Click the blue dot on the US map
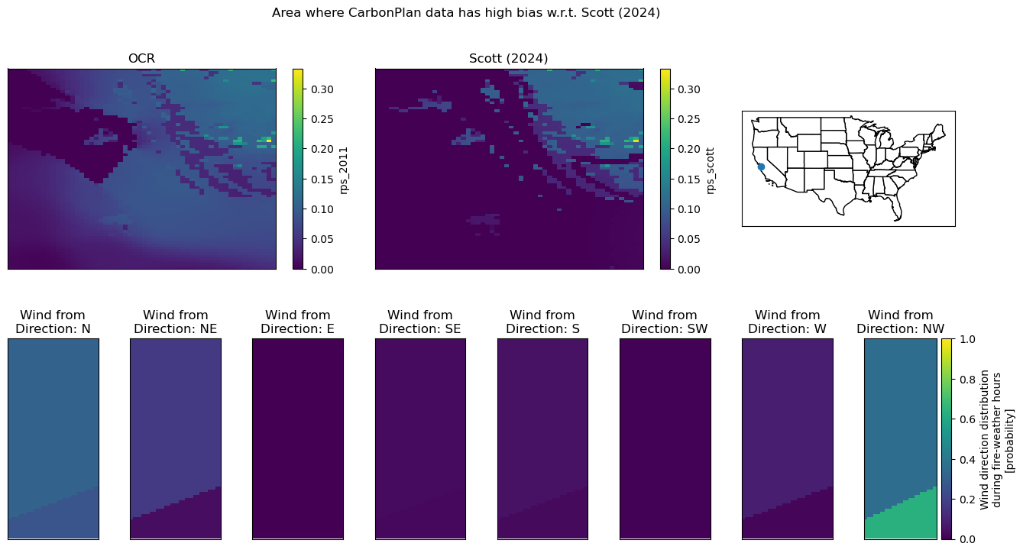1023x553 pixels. [761, 167]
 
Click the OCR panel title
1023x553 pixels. [141, 59]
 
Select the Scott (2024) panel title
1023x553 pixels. [508, 59]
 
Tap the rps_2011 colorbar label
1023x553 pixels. [344, 170]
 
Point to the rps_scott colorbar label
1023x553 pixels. [711, 170]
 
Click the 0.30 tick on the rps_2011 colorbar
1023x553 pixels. [322, 89]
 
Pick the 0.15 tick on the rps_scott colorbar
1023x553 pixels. [688, 179]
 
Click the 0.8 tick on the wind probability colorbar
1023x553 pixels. [966, 380]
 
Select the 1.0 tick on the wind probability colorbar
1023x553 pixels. [966, 339]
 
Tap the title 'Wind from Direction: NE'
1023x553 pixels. [176, 322]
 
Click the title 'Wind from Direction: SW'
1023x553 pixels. [665, 322]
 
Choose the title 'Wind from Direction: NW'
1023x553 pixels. [900, 322]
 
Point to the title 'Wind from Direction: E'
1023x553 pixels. [298, 322]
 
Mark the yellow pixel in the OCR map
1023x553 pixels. [269, 141]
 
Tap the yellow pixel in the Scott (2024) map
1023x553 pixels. [636, 141]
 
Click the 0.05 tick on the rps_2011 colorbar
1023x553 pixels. [322, 239]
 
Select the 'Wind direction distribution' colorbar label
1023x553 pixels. [985, 440]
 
